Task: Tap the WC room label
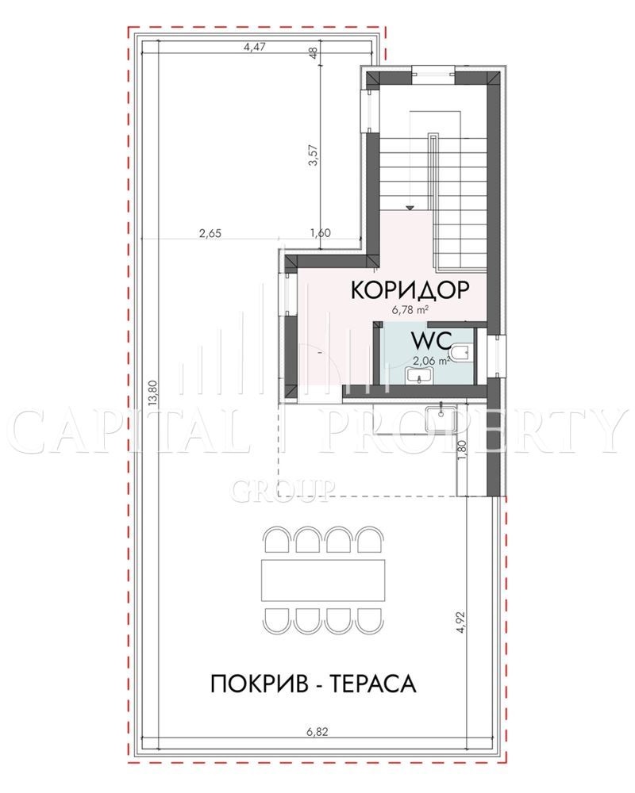(x=432, y=341)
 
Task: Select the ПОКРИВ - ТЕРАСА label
(x=313, y=684)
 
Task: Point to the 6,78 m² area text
(x=410, y=311)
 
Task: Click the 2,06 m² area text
(x=432, y=361)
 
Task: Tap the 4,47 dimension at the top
(x=255, y=48)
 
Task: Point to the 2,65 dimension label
(x=210, y=233)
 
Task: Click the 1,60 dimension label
(x=320, y=233)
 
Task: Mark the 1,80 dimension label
(x=461, y=449)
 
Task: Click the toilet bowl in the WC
(x=461, y=353)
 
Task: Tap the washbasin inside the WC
(x=419, y=375)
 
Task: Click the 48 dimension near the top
(x=314, y=52)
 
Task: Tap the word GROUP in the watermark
(x=283, y=490)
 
